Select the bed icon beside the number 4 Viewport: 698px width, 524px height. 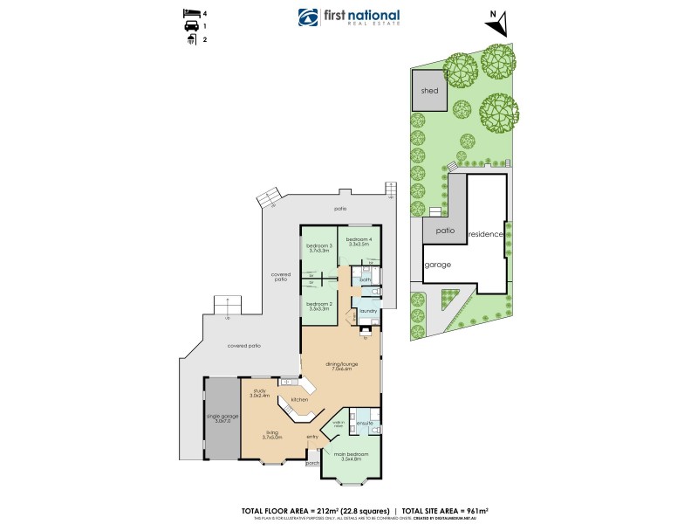(x=190, y=13)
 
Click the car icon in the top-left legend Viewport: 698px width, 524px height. (x=190, y=26)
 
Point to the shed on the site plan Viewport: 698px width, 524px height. (x=429, y=90)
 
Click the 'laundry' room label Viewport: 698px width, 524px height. (x=367, y=310)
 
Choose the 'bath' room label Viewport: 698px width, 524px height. (x=366, y=279)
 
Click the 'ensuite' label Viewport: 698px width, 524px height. (x=365, y=424)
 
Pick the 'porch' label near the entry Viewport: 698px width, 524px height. (x=312, y=464)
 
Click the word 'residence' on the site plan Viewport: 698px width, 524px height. (x=486, y=235)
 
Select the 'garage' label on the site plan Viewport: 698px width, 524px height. (x=437, y=265)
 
